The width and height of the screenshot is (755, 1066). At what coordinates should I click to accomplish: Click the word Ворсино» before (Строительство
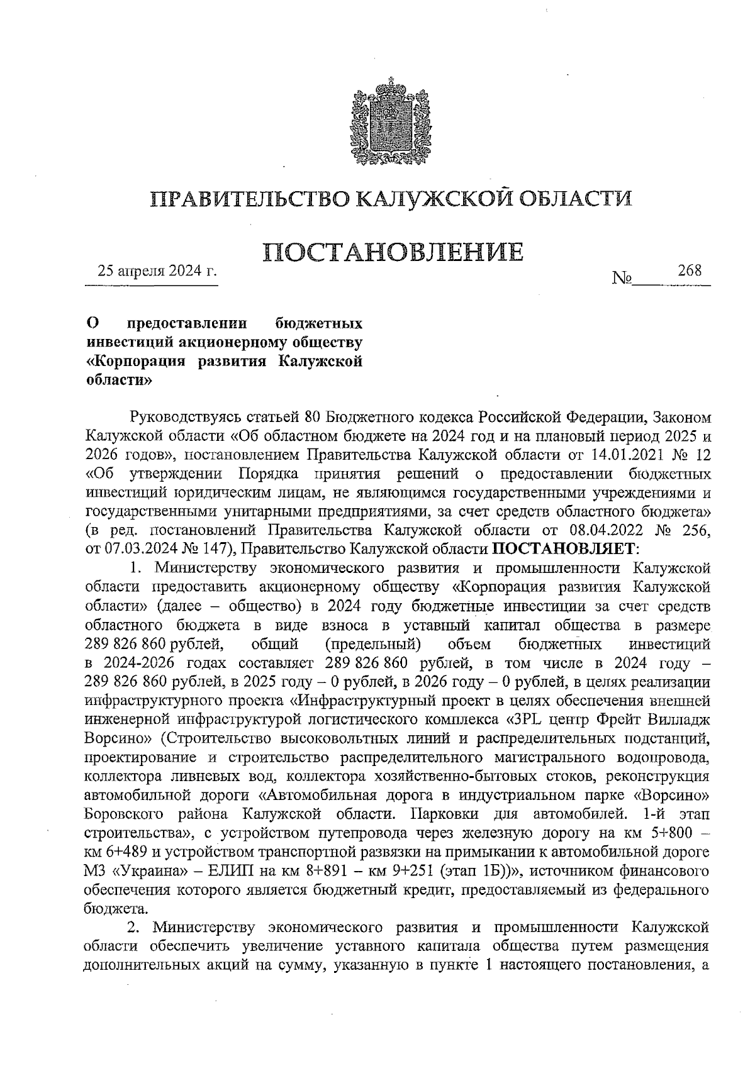click(109, 737)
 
